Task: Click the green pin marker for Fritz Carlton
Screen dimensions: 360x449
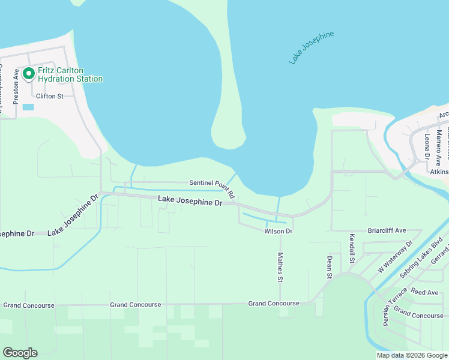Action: tap(28, 74)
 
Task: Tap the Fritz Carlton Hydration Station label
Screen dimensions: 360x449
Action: tap(70, 74)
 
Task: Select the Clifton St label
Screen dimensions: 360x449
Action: tap(50, 96)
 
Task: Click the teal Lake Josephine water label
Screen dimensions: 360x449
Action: tap(311, 48)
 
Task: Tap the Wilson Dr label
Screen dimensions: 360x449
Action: tap(278, 231)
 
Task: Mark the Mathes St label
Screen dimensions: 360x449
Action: tap(280, 267)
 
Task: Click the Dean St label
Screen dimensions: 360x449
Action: tap(329, 267)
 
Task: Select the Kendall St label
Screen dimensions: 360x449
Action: tap(352, 249)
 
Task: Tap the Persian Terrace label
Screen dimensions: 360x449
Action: tap(387, 310)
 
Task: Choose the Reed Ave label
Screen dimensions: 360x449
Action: tap(425, 292)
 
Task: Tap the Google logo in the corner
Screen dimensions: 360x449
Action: tap(20, 353)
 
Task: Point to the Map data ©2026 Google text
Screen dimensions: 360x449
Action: tap(411, 355)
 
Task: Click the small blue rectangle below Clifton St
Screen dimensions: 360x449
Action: tap(28, 107)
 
